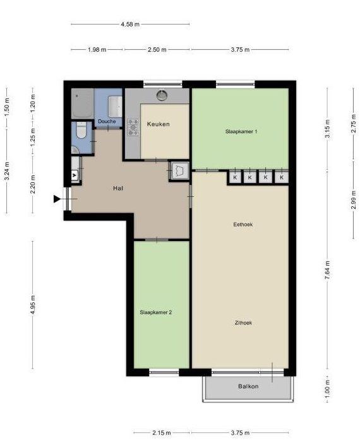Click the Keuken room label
(x=158, y=124)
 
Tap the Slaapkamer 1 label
(x=241, y=131)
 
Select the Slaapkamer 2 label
(x=156, y=312)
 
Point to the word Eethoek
(x=243, y=224)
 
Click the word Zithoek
(x=243, y=322)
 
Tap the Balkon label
(x=248, y=386)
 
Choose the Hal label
(x=118, y=188)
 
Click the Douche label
(x=107, y=121)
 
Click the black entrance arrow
(x=57, y=199)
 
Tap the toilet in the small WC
(x=81, y=131)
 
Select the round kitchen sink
(x=162, y=95)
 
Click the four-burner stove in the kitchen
(x=133, y=127)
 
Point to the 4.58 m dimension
(x=130, y=24)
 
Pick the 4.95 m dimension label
(x=33, y=305)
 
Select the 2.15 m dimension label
(x=162, y=433)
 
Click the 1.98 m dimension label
(x=97, y=50)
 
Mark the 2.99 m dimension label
(x=354, y=199)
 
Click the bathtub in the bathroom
(x=82, y=103)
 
